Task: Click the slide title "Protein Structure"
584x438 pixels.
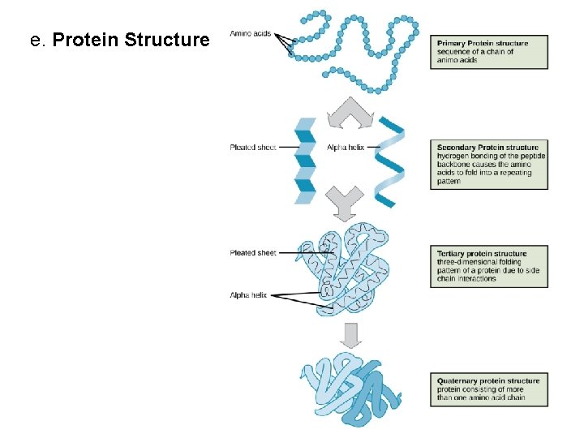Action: (130, 40)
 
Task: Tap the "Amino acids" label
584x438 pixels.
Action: (251, 34)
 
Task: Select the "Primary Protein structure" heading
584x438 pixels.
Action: (483, 43)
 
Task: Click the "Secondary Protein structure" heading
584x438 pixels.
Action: (487, 148)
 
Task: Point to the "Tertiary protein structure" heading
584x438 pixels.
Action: (482, 254)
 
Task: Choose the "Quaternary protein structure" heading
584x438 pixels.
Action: (488, 381)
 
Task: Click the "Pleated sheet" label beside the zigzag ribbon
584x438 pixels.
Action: (253, 148)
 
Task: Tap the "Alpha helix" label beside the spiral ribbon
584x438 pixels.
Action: (346, 148)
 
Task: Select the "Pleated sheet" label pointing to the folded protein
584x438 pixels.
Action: (253, 253)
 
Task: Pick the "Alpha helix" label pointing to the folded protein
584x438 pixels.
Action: (248, 295)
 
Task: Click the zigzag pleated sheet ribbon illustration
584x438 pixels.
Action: (305, 160)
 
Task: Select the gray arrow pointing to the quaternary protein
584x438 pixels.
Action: (350, 334)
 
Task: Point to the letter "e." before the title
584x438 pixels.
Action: (36, 40)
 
